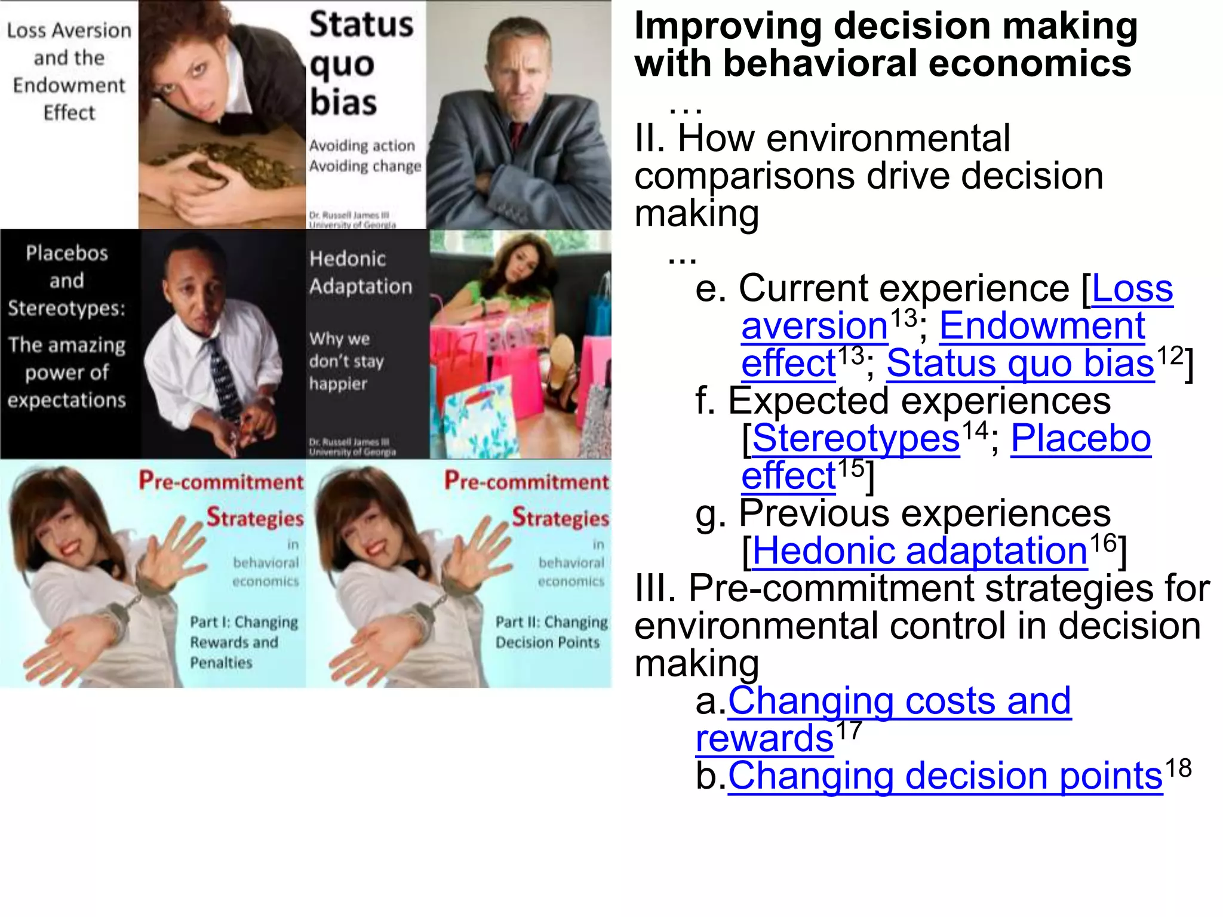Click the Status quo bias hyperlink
point(1020,364)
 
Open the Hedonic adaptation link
point(920,550)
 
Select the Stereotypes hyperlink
point(856,439)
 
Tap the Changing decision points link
point(945,776)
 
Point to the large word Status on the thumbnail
point(361,25)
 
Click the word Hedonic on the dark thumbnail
point(348,259)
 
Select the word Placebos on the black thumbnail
point(67,253)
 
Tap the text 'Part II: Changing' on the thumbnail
point(551,622)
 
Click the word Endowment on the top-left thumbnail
point(69,85)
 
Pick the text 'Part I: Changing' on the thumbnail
point(244,622)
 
